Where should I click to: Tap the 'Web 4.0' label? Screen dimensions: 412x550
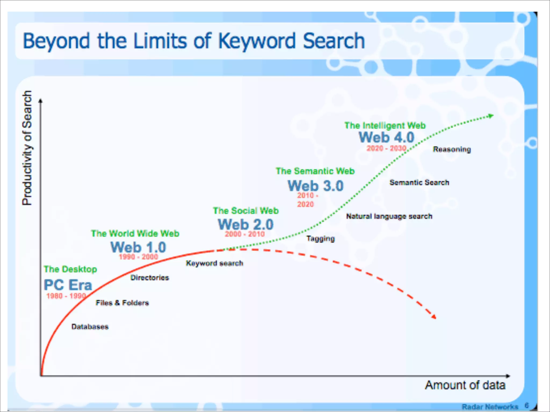(x=386, y=137)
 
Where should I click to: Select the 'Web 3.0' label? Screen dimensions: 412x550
(x=316, y=186)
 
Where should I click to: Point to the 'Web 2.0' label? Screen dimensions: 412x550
(x=245, y=224)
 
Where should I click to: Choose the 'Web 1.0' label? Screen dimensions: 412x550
(x=138, y=247)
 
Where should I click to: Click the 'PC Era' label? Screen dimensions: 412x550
(x=68, y=285)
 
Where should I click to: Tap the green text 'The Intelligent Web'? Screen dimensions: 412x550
(x=385, y=125)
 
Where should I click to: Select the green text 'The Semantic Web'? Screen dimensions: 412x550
(x=315, y=171)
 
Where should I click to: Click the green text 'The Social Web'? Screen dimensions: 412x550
(x=246, y=211)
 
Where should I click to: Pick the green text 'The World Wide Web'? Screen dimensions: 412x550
(x=135, y=233)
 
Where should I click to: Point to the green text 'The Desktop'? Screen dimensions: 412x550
(x=70, y=269)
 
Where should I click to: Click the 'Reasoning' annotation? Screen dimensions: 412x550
(x=452, y=149)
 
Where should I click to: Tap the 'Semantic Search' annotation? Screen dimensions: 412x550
(x=419, y=182)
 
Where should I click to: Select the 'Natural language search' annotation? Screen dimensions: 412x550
(x=389, y=216)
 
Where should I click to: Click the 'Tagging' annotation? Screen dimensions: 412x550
(x=321, y=238)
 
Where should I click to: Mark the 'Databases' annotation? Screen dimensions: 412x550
(x=90, y=326)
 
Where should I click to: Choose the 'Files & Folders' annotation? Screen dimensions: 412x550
(x=122, y=303)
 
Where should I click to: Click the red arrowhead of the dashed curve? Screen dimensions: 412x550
(x=433, y=317)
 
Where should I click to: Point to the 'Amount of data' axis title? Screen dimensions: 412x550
(x=465, y=385)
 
